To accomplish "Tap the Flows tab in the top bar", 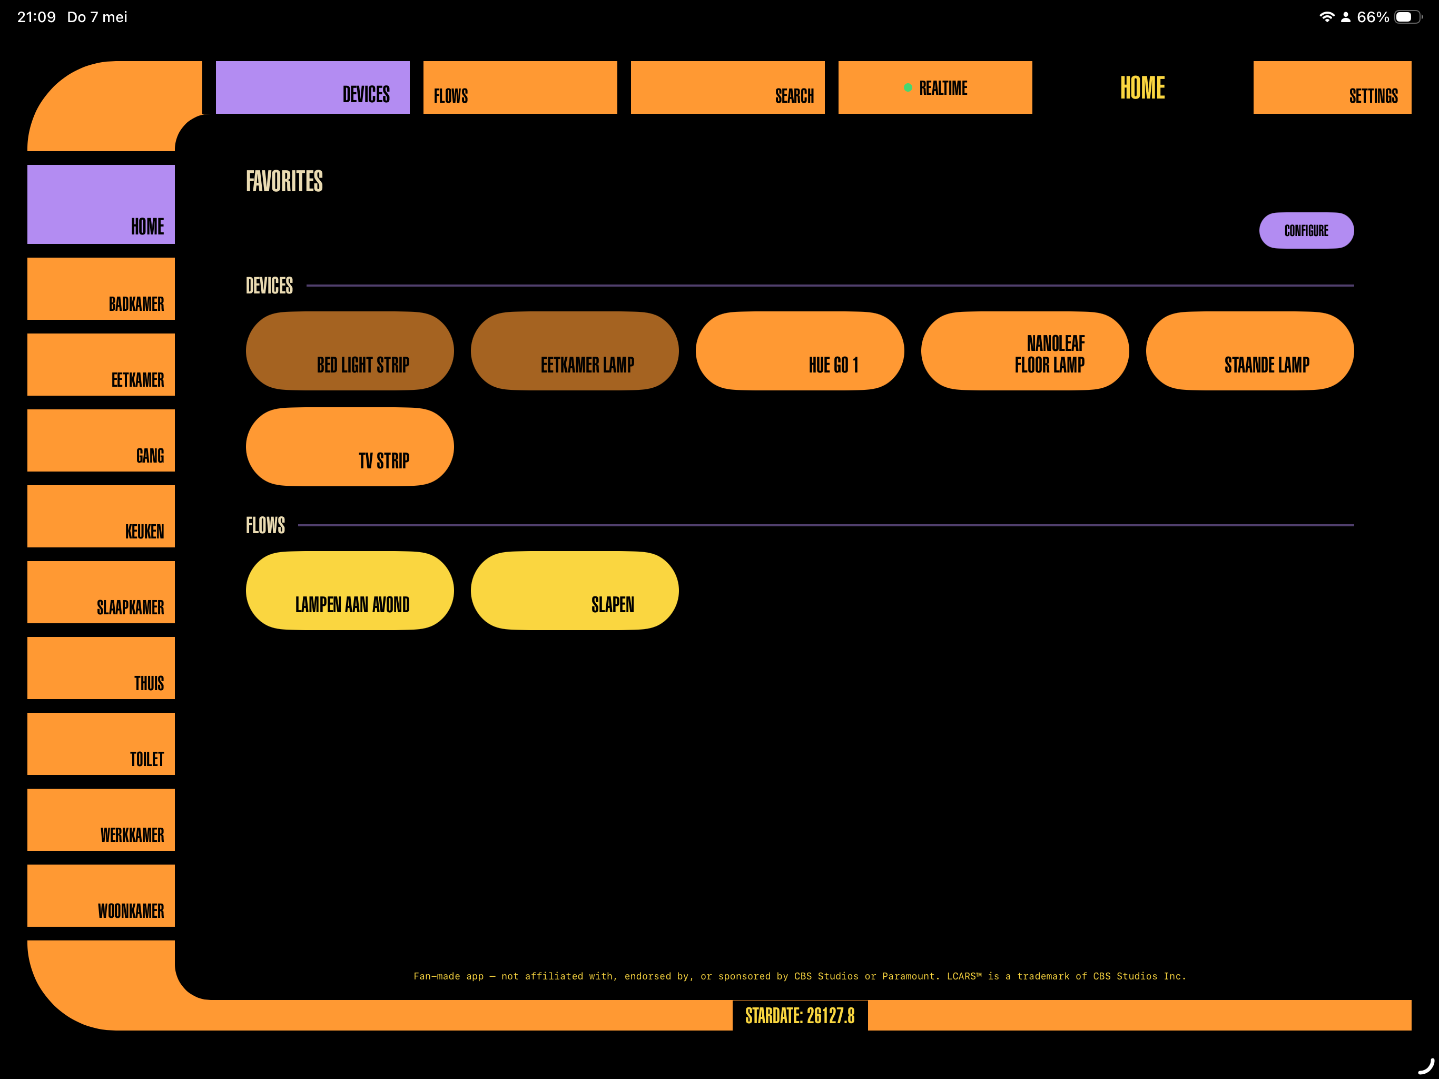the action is (520, 87).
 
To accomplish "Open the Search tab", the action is (727, 87).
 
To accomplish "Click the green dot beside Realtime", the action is (908, 87).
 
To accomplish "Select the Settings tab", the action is (1332, 87).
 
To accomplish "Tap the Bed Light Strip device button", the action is (350, 351).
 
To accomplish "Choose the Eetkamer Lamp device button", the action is (575, 351).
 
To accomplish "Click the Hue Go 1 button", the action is (800, 351).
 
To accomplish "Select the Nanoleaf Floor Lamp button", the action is (1024, 351).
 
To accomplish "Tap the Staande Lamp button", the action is (1250, 351).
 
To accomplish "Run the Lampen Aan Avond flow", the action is (350, 590).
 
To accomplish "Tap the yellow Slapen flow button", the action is (575, 590).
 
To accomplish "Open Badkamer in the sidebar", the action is (101, 289).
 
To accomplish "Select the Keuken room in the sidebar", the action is (101, 516).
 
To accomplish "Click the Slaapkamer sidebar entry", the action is (101, 592).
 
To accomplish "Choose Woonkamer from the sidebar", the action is (101, 896).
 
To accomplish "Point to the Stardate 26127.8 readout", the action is (800, 1015).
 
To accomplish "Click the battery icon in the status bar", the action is (1407, 17).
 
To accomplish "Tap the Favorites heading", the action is (284, 181).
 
